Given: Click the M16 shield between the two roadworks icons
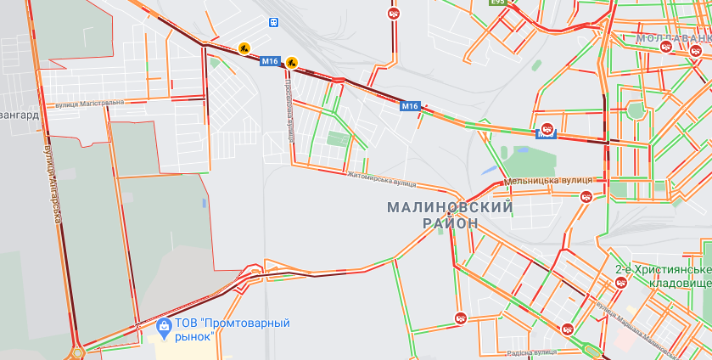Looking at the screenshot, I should [270, 61].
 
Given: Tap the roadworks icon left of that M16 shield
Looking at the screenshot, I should [244, 49].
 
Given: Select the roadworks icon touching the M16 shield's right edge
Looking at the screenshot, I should [291, 61].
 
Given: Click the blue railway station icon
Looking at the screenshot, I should [273, 22].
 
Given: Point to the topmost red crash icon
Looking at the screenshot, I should [394, 14].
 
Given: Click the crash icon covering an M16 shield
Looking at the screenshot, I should [547, 130].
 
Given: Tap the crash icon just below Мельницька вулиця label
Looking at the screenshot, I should [586, 197].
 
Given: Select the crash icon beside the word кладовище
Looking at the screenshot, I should [620, 284].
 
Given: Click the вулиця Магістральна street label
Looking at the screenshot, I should [89, 103].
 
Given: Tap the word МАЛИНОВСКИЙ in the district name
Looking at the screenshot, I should [450, 207].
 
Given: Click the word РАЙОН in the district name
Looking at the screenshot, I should [450, 223].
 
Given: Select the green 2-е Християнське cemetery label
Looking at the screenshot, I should [664, 269].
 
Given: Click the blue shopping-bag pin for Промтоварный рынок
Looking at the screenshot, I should [164, 324].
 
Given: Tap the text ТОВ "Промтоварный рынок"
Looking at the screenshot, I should [232, 329].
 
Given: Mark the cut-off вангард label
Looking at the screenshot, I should [19, 114].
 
